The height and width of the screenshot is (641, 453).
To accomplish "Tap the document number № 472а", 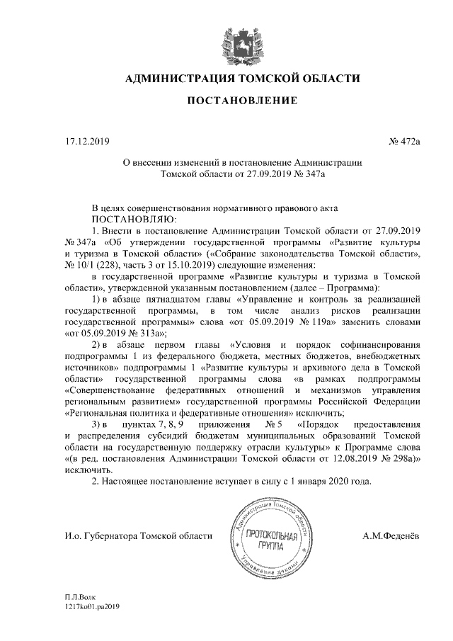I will pos(404,142).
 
